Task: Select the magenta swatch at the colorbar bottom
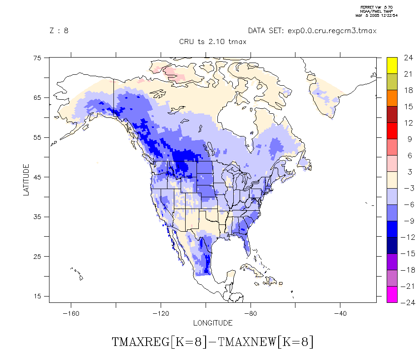[x=392, y=294]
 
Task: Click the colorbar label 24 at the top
[x=408, y=58]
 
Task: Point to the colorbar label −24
[x=406, y=302]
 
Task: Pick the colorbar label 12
[x=408, y=123]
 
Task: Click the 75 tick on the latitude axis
[x=37, y=58]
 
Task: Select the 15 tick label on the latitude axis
[x=37, y=296]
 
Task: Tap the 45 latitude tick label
[x=37, y=177]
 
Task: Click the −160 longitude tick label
[x=70, y=313]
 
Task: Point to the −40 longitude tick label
[x=340, y=313]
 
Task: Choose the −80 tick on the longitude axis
[x=250, y=313]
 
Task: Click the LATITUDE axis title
[x=26, y=180]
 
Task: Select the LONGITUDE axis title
[x=213, y=323]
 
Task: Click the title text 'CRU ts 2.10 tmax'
[x=212, y=42]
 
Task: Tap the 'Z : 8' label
[x=59, y=31]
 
